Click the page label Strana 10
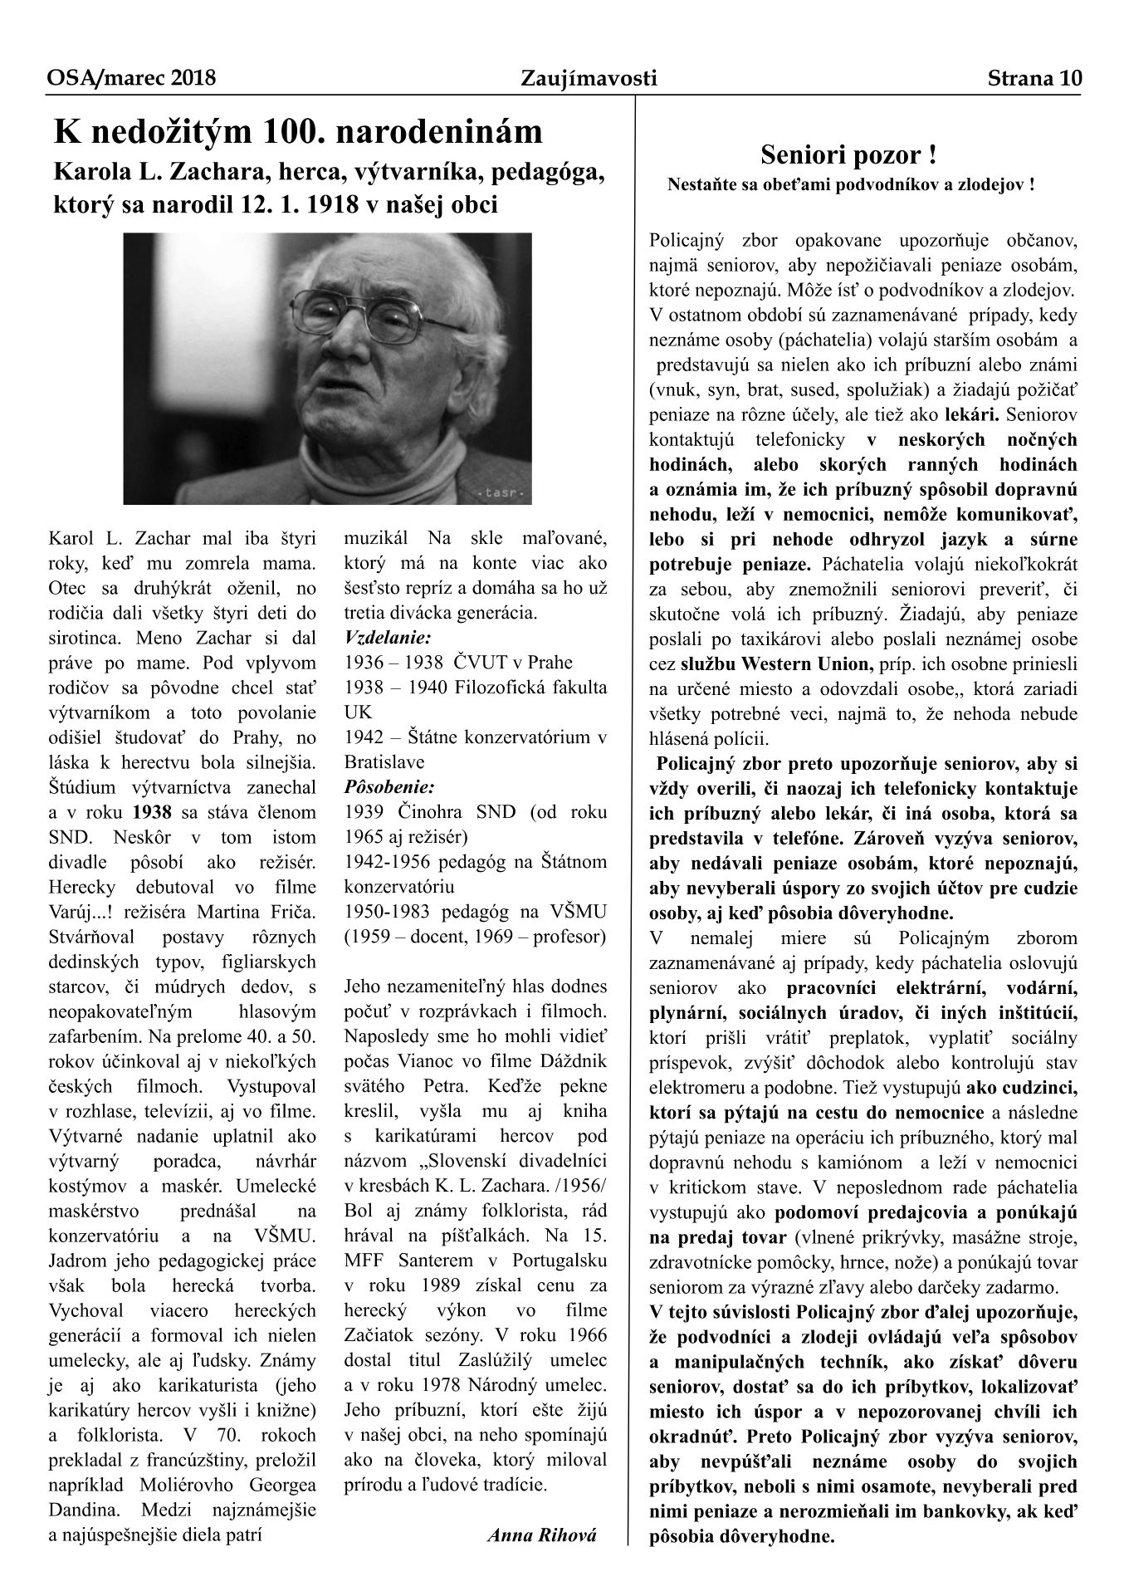coord(1034,79)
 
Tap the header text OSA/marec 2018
coord(131,79)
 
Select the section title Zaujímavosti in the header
coord(589,79)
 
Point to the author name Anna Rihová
coord(541,1534)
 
